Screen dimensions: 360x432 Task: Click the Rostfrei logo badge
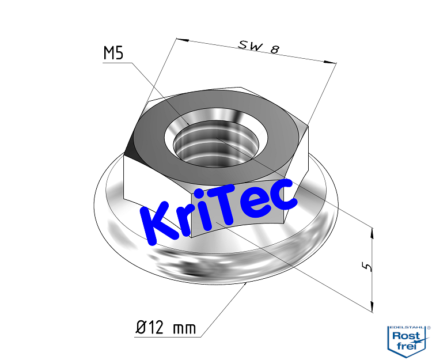click(x=408, y=340)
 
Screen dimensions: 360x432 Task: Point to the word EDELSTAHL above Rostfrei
click(x=407, y=327)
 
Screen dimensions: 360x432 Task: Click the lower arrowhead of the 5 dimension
click(x=373, y=306)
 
